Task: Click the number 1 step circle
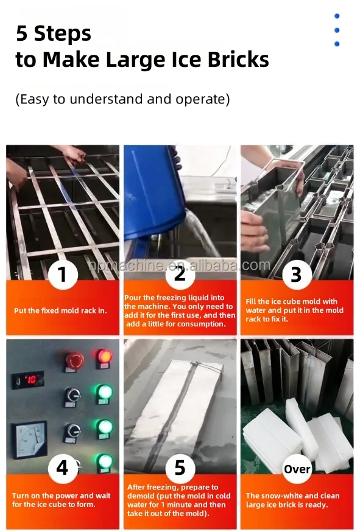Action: coord(62,275)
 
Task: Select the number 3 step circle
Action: coord(296,275)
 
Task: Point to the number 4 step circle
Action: coord(62,468)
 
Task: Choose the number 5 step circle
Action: coord(180,467)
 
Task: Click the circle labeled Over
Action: coord(297,469)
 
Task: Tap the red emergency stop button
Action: coord(74,360)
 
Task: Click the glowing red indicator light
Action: coord(104,357)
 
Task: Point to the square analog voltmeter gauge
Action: coord(31,439)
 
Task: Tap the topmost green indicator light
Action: coord(104,391)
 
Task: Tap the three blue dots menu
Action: coord(337,30)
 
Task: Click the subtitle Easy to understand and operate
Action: coord(122,99)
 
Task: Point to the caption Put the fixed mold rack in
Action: coord(60,310)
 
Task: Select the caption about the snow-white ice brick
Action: coord(295,500)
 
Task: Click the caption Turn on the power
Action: coord(62,500)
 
